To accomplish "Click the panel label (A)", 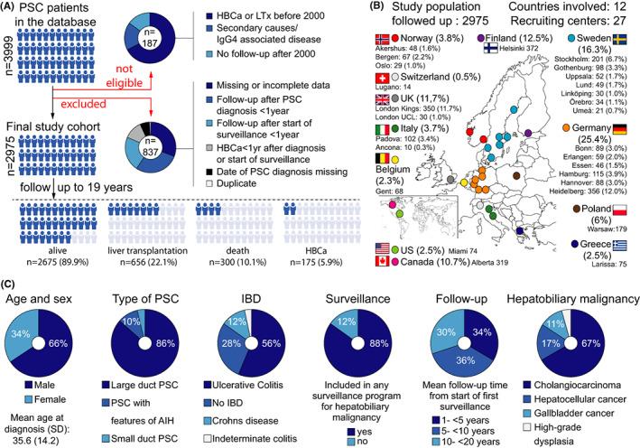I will click(x=13, y=9).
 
